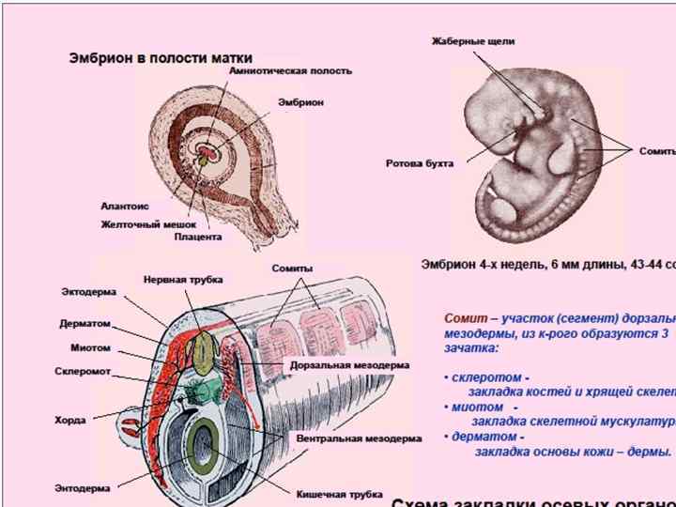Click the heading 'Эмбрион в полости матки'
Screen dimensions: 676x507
tap(161, 57)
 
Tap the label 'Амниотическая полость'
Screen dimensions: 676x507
tap(291, 71)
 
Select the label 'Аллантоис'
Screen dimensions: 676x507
tap(125, 206)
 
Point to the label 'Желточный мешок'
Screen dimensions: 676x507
tap(148, 223)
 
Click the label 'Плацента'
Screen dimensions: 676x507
tap(198, 238)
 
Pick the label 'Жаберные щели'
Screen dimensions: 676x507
tap(472, 41)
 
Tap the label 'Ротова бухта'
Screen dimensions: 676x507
tap(420, 163)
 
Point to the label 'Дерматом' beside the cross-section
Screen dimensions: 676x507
tap(85, 324)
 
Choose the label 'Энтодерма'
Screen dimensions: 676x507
tap(83, 488)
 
